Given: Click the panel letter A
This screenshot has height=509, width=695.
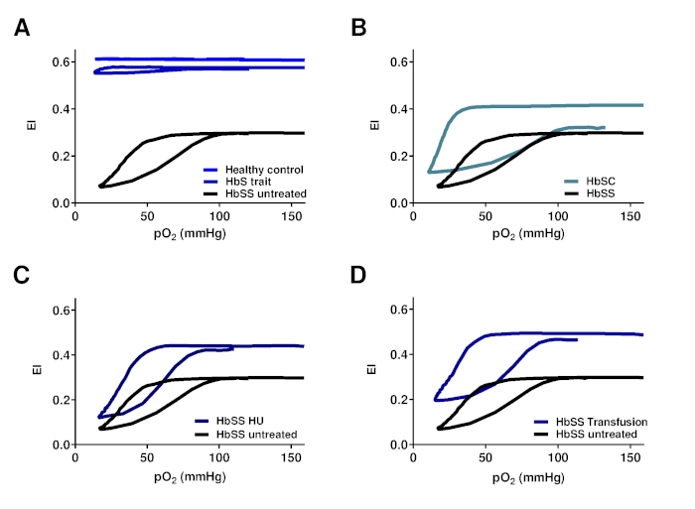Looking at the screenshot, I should coord(21,28).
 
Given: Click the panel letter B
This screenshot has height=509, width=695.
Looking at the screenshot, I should coord(360,28).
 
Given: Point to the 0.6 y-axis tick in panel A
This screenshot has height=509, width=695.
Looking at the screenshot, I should coord(62,62).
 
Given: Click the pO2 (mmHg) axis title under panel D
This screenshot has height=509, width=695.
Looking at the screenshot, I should coord(529,475).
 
